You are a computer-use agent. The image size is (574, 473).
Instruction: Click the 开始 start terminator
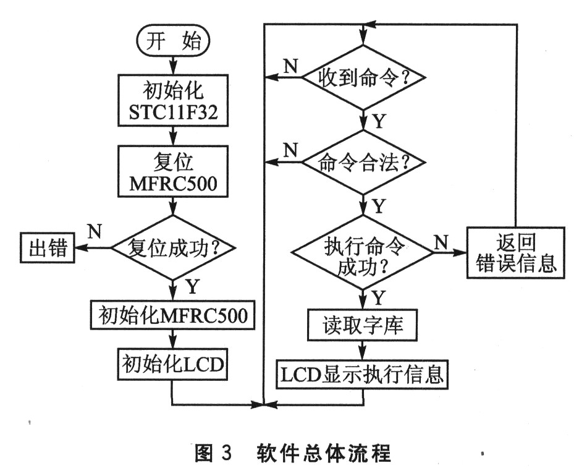point(173,41)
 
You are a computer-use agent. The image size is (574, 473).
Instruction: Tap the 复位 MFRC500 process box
point(173,173)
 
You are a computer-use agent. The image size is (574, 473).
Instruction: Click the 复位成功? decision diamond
point(173,249)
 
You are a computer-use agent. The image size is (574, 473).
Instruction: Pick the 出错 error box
point(48,248)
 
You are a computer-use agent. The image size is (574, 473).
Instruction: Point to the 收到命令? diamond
point(363,77)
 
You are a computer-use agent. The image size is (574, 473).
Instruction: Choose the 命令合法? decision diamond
point(363,163)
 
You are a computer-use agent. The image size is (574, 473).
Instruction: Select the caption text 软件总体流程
point(324,453)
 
